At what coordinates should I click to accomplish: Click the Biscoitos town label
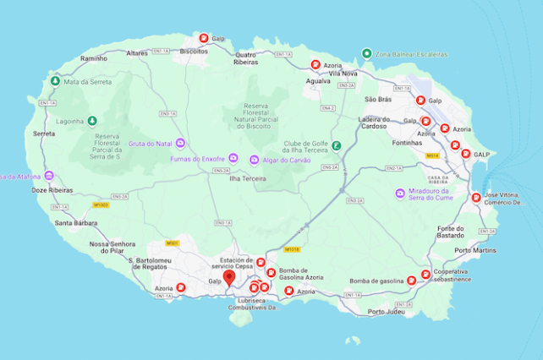195,52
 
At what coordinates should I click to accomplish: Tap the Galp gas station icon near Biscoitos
203,38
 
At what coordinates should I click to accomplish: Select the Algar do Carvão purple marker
255,160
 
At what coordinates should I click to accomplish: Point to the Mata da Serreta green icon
55,81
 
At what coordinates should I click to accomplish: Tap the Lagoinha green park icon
91,121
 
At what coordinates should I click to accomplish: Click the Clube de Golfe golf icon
336,145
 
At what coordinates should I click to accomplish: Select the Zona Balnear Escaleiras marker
366,52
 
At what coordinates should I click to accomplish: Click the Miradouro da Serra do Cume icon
400,194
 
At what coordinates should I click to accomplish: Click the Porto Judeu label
387,312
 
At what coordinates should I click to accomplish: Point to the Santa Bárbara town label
75,223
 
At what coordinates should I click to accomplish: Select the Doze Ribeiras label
52,190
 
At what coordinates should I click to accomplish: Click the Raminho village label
93,58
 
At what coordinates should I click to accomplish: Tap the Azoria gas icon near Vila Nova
315,64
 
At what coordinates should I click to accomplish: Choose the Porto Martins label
474,250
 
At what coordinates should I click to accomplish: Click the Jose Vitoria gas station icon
476,199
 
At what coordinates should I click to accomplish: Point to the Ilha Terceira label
248,178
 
